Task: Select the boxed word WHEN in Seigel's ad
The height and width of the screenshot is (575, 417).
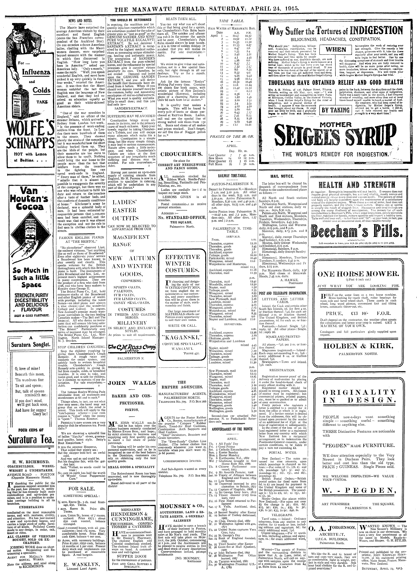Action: (x=336, y=50)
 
